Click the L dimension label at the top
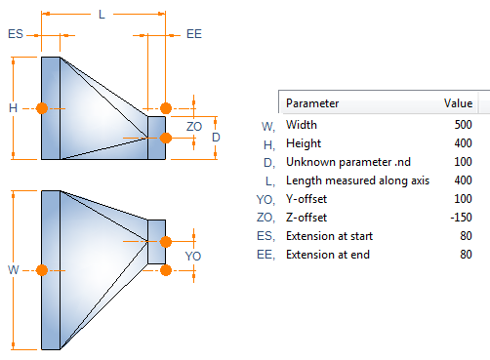coord(102,15)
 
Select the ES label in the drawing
coord(16,34)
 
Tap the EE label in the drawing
coord(194,34)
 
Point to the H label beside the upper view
coord(13,108)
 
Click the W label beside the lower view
coord(14,269)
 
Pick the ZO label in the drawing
coord(194,127)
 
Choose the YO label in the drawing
coord(193,257)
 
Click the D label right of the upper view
coord(216,138)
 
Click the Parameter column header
coord(312,103)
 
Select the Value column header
coord(459,103)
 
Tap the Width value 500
coord(464,125)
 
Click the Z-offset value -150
coord(461,218)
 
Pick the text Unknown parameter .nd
coord(348,162)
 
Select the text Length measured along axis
coord(358,180)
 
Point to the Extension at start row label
coord(330,236)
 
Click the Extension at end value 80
coord(467,255)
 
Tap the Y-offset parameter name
coord(306,199)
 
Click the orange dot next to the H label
coord(42,108)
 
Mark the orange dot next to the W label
coord(42,270)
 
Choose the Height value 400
coord(464,143)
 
